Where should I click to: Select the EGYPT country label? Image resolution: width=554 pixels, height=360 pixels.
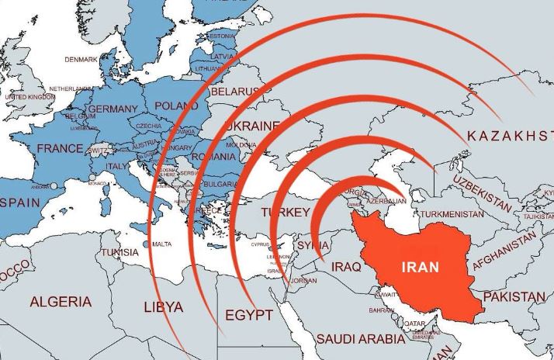point(248,315)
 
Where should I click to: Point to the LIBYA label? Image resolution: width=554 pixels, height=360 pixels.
point(164,307)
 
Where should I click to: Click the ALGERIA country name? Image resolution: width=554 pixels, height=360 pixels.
point(60,302)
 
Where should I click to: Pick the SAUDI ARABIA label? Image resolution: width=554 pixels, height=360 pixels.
point(361,339)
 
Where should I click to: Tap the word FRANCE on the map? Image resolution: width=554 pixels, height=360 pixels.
point(59,148)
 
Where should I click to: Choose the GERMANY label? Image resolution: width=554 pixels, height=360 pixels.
point(113,110)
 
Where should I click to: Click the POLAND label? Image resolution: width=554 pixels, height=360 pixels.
point(177,106)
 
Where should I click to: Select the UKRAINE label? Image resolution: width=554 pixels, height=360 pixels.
point(251,126)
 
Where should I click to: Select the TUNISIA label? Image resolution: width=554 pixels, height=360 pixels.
point(120,252)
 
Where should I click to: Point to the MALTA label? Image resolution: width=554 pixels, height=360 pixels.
point(162,244)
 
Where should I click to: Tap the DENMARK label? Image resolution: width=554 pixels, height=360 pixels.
point(81,59)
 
